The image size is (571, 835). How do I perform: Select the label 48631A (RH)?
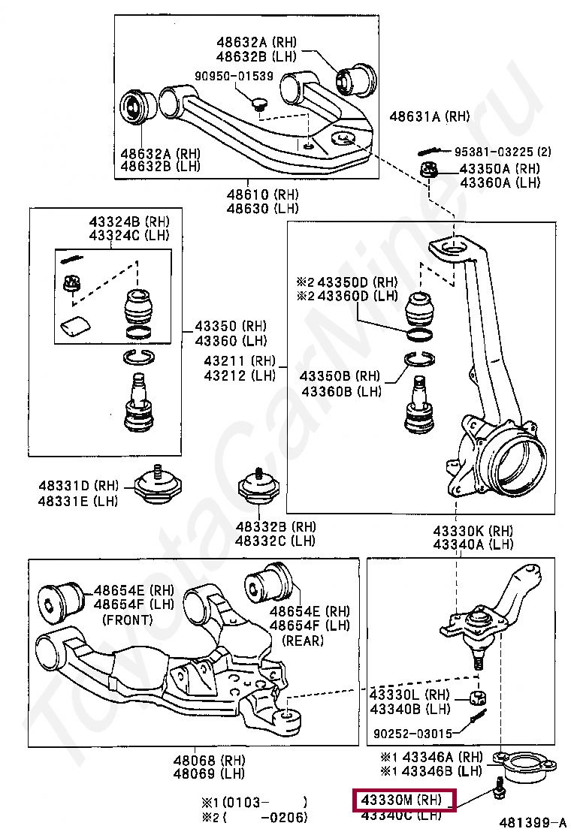(x=429, y=116)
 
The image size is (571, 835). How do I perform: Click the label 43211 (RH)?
(x=240, y=361)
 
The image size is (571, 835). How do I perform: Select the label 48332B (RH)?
(x=275, y=526)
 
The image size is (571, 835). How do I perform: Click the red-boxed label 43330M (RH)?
(x=403, y=800)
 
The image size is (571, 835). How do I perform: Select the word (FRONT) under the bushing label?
(x=128, y=619)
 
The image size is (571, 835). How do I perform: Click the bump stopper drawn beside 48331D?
(x=159, y=485)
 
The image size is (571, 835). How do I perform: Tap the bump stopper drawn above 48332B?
(x=258, y=488)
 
